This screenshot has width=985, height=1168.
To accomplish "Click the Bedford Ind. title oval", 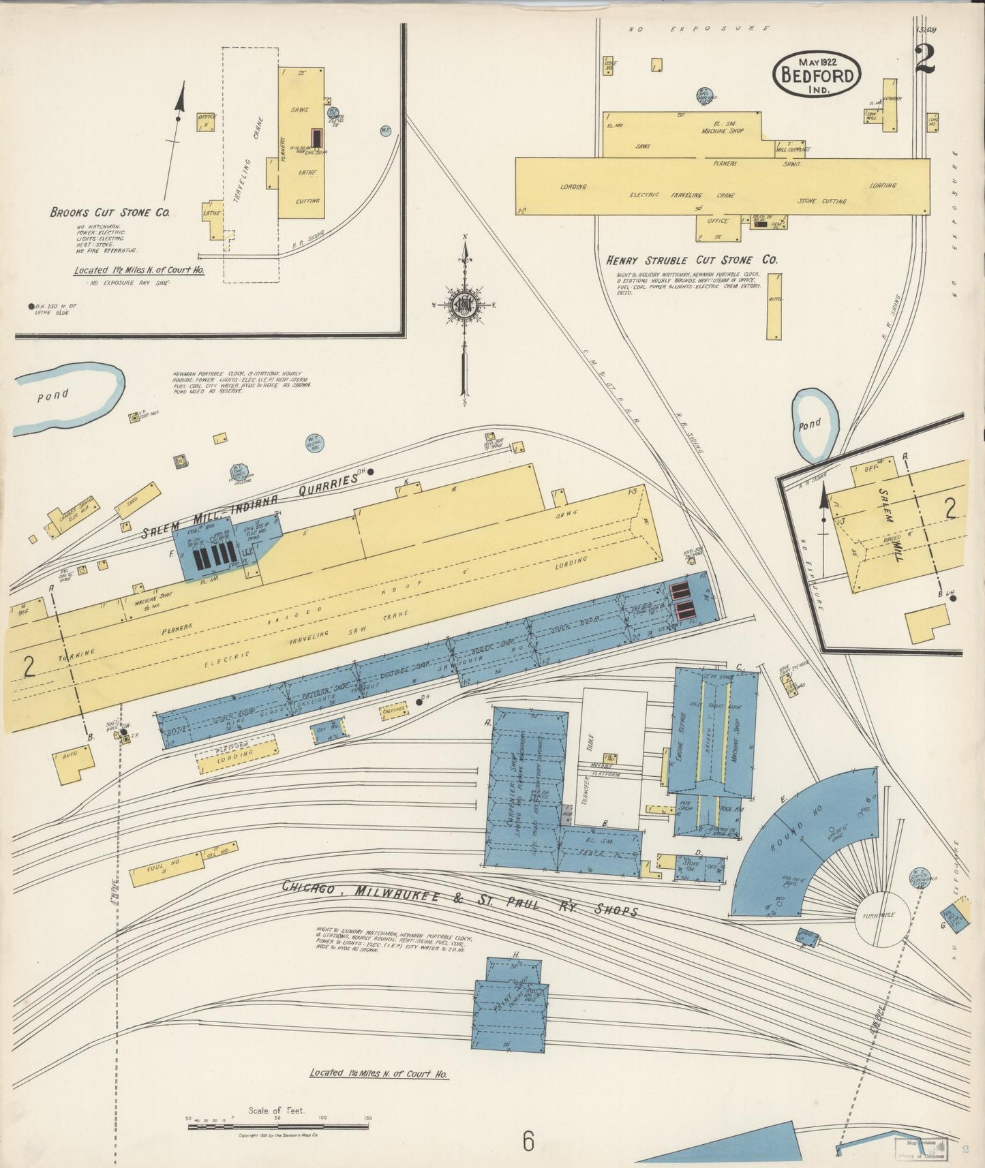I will tap(817, 74).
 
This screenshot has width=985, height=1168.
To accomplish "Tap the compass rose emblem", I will tap(465, 305).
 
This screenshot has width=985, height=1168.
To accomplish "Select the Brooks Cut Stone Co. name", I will tap(110, 213).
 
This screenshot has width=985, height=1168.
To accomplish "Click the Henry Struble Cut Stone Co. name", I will tap(692, 260).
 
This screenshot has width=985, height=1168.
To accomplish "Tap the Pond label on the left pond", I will tap(52, 395).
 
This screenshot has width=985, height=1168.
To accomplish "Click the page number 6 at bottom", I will tap(528, 1141).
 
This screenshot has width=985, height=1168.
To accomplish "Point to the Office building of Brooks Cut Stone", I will tap(207, 122).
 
